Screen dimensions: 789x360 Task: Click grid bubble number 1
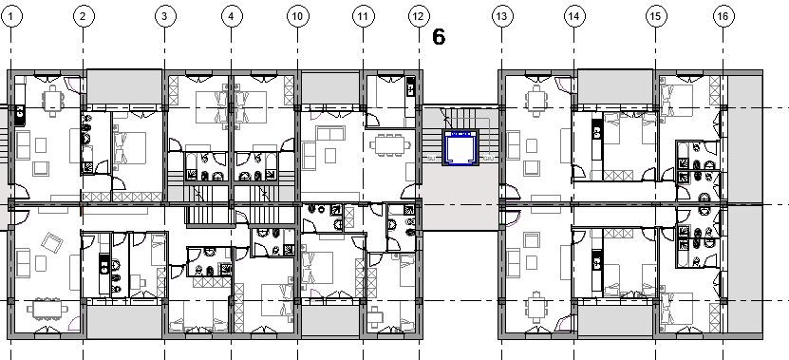11,16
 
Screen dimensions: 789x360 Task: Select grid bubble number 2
83,16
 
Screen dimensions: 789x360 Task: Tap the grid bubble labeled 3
164,16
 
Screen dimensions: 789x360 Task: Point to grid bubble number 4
231,16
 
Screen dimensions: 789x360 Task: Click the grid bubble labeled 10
297,16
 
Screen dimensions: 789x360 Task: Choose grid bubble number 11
363,16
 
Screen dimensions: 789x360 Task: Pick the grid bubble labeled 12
418,16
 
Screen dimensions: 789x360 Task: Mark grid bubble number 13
501,16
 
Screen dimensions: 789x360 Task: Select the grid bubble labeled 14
573,16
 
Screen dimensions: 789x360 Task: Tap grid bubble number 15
654,16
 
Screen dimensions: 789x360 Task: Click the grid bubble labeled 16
723,16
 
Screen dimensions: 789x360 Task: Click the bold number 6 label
439,37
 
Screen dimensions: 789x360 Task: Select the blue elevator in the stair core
459,147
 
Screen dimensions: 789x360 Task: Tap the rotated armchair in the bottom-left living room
51,242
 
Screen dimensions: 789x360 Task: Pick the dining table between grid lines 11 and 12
390,145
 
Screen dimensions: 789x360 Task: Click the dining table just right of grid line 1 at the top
53,101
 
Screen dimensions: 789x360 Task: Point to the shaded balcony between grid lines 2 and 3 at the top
124,87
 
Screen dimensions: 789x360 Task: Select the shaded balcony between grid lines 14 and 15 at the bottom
615,320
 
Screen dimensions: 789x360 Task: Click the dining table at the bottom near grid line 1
47,309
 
